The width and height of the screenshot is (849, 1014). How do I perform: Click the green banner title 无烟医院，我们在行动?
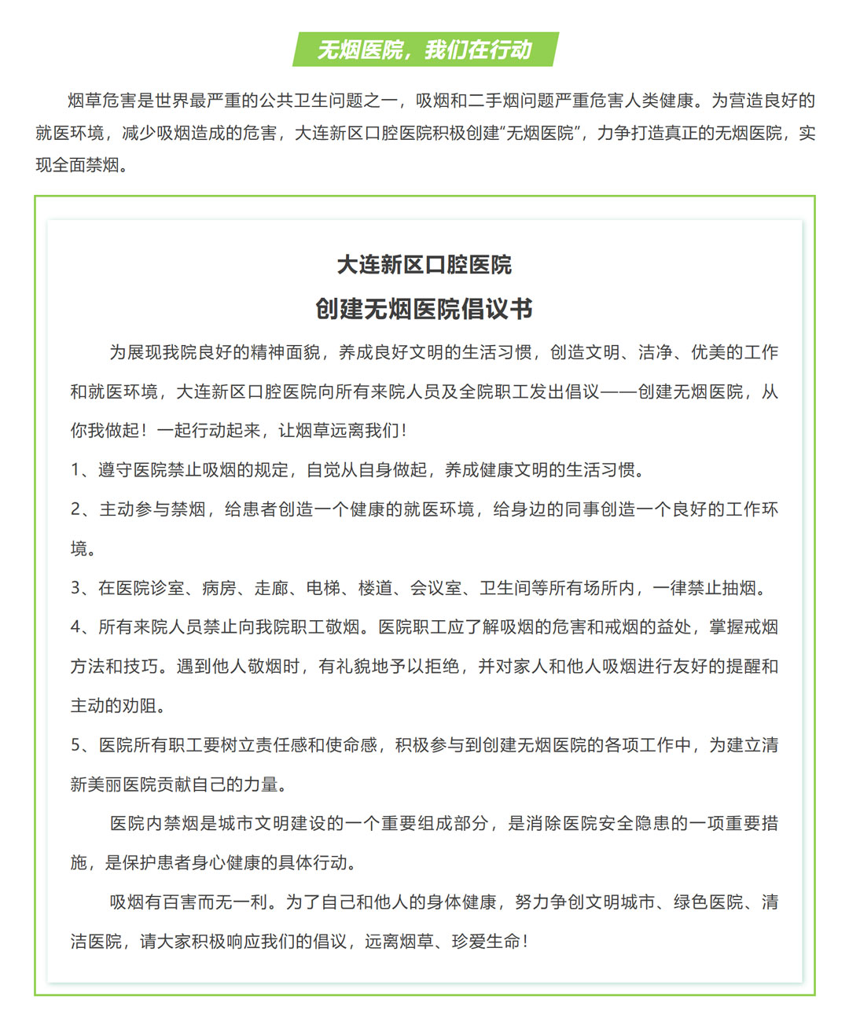pyautogui.click(x=424, y=50)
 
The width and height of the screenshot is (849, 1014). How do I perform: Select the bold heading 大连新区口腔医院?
pyautogui.click(x=424, y=265)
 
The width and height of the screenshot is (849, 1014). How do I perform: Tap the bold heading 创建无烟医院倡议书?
pyautogui.click(x=424, y=309)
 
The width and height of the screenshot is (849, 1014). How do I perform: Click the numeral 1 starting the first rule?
pyautogui.click(x=76, y=470)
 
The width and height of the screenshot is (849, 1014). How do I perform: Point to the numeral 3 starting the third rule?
pyautogui.click(x=76, y=588)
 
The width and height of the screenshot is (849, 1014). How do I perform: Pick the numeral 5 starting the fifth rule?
pyautogui.click(x=76, y=745)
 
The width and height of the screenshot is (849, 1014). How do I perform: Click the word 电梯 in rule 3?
pyautogui.click(x=324, y=588)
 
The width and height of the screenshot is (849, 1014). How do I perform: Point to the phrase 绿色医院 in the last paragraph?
pyautogui.click(x=707, y=902)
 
